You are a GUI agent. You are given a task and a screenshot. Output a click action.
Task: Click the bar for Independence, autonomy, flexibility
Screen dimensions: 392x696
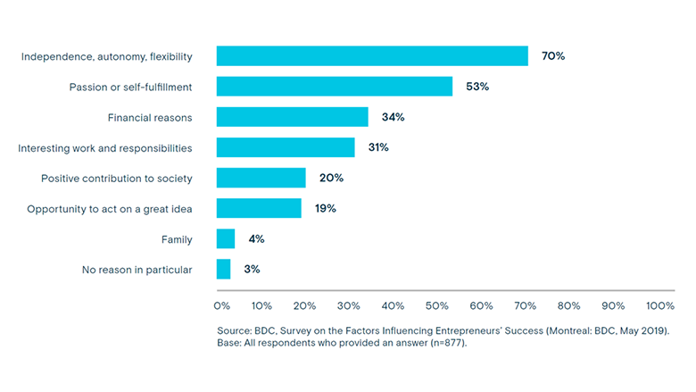372,56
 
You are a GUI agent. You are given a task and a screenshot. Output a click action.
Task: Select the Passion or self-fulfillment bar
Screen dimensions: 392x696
335,87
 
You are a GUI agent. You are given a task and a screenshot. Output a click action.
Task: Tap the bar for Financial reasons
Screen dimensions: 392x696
293,117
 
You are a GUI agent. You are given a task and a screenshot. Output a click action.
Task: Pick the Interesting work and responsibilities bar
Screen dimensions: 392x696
286,147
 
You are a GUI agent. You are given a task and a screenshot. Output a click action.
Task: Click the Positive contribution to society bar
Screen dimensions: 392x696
261,178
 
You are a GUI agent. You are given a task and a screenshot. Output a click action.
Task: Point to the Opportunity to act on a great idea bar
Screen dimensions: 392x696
259,208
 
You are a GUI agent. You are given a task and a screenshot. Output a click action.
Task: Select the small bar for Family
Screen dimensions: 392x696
226,238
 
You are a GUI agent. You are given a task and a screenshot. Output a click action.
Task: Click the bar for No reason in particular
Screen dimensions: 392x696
224,269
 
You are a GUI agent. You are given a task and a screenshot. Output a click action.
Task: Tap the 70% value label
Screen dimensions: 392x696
553,56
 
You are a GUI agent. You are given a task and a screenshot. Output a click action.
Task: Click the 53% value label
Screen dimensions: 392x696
477,87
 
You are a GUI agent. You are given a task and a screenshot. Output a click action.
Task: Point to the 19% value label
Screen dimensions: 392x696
325,208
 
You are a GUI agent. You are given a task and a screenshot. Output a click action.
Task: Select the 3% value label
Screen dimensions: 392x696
252,269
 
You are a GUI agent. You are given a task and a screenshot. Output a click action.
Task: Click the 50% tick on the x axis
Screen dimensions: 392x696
437,305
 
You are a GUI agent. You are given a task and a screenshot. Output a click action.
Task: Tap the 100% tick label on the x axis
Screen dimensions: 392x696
660,305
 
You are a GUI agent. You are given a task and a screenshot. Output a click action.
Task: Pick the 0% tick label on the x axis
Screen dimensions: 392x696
222,305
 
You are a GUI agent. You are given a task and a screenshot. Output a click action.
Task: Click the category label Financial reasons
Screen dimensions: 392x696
150,117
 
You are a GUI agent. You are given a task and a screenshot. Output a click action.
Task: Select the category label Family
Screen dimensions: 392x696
177,238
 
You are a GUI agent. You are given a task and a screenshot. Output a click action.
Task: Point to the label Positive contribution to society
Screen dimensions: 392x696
117,178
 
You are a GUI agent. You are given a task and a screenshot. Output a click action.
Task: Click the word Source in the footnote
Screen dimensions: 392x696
235,330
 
